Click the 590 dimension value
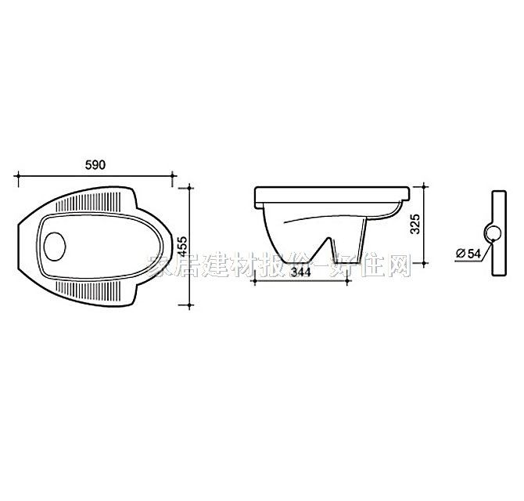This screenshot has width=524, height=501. pos(94,165)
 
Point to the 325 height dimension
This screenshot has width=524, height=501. pos(415,225)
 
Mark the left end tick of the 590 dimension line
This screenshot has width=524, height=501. pos(17,175)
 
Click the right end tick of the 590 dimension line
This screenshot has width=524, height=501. pos(173,175)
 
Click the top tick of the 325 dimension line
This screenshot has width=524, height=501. pos(424,186)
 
